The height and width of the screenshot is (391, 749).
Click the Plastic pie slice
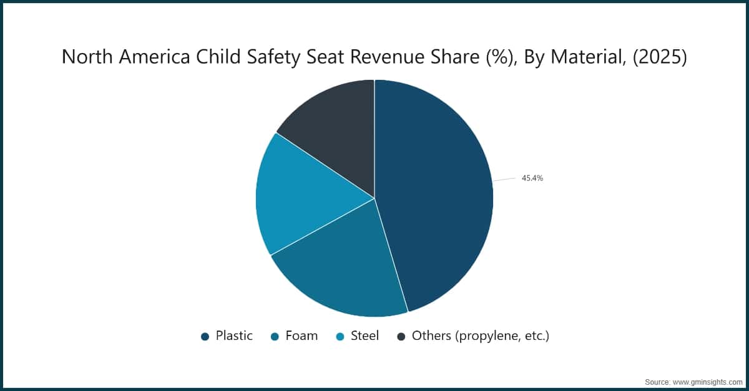437,193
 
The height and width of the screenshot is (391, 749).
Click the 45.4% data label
532,178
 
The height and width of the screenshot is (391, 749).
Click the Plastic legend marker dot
205,337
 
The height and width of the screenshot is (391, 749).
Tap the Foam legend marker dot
275,337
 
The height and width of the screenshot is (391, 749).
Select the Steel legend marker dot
340,337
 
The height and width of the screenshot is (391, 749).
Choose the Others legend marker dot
401,337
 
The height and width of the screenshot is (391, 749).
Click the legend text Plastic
234,336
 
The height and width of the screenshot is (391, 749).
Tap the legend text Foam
301,336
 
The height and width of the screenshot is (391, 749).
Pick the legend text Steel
365,336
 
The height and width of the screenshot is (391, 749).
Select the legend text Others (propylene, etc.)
480,336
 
